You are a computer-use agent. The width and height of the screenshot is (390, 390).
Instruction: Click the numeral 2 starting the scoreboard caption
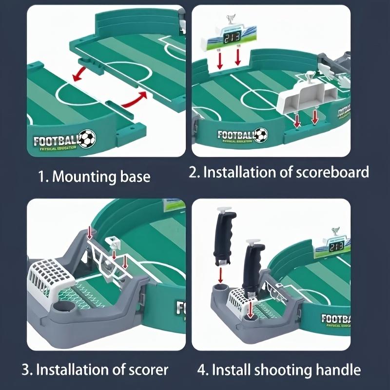coord(194,172)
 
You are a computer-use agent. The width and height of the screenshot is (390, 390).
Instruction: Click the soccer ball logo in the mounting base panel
coord(87,138)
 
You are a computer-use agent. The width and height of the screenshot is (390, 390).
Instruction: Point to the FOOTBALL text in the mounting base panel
coord(55,140)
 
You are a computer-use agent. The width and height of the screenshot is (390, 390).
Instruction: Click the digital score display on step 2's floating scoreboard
coord(231,37)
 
